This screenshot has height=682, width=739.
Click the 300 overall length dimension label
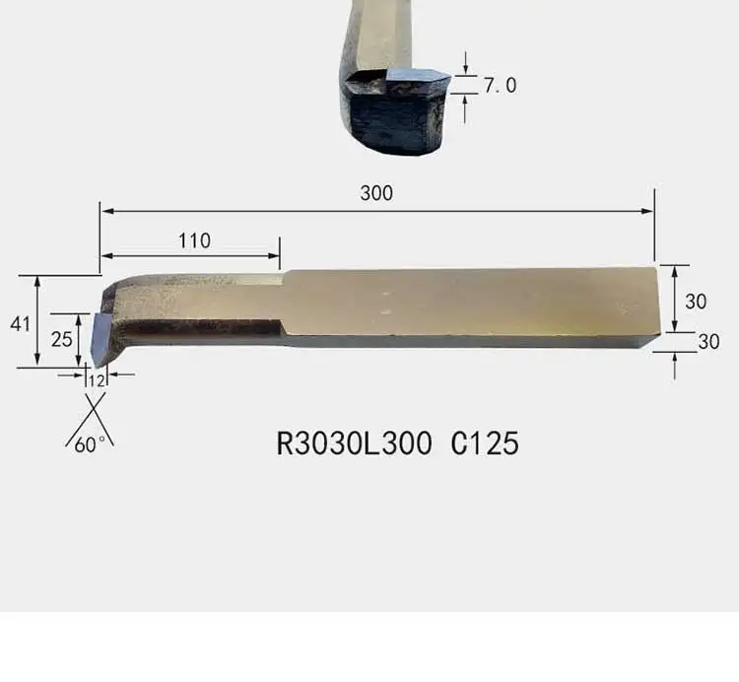[376, 193]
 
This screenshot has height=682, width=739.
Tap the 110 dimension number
[194, 240]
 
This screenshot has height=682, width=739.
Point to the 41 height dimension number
[21, 324]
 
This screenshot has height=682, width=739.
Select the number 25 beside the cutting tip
[62, 339]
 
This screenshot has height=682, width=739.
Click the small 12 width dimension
[97, 380]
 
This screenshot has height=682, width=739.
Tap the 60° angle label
[90, 444]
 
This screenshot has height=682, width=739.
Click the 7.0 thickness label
[500, 86]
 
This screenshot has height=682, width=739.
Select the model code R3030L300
[354, 443]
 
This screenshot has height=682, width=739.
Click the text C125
[485, 443]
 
